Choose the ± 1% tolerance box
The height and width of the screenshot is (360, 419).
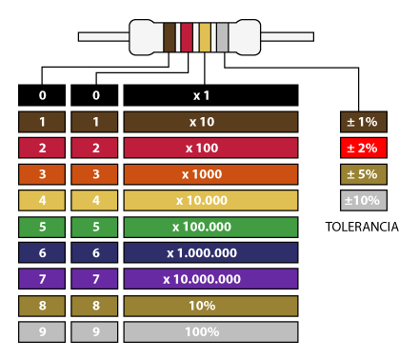coord(361,122)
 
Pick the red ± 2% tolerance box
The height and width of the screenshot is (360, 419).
coord(361,148)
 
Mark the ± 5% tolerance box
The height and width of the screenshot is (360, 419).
coord(361,174)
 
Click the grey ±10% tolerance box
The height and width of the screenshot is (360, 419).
coord(361,200)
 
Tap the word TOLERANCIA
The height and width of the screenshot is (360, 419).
coord(361,228)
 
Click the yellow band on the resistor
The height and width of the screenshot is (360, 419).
coord(205,36)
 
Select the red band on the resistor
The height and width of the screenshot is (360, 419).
coord(187,36)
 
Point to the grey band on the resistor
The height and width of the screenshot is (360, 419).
coord(223,36)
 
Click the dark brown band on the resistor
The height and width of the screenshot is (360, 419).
coord(170,36)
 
